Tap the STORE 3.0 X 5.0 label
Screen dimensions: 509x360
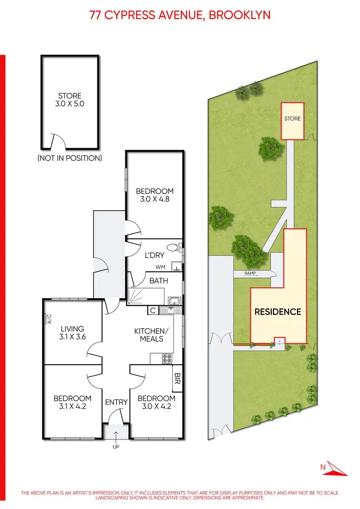(x=70, y=99)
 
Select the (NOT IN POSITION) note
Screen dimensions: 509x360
(x=70, y=158)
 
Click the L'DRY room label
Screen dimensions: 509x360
(x=155, y=256)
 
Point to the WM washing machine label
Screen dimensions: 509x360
(x=160, y=267)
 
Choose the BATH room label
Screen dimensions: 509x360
(x=158, y=281)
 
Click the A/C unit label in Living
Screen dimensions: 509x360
(x=48, y=319)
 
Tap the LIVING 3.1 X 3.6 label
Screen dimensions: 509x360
(x=72, y=333)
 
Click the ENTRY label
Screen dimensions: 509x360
(x=116, y=402)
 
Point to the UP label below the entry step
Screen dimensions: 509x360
(x=116, y=447)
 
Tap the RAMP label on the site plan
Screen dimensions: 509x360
(x=250, y=274)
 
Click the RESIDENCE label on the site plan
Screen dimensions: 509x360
(x=277, y=312)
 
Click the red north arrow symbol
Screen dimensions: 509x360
(x=334, y=469)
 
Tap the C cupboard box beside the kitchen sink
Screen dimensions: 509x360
(x=152, y=310)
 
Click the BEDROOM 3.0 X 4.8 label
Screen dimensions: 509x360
(x=155, y=195)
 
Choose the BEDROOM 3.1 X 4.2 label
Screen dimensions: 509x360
(x=72, y=402)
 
